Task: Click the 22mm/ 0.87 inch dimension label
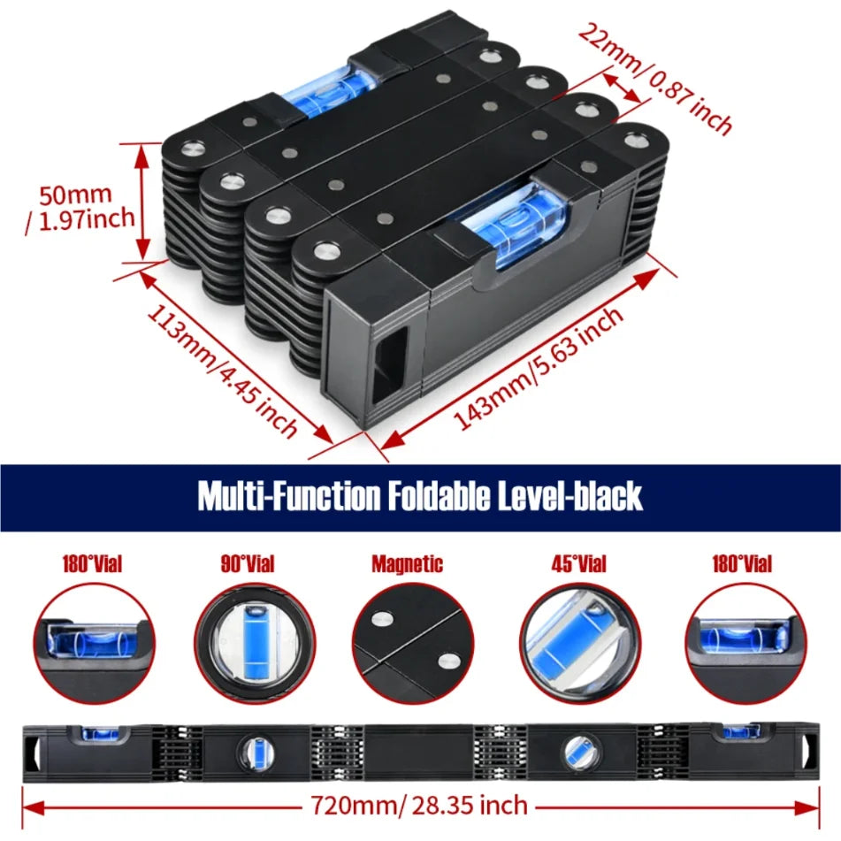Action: click(654, 79)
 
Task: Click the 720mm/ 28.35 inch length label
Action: click(419, 806)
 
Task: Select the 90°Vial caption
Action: click(248, 564)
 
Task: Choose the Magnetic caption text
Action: click(408, 564)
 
